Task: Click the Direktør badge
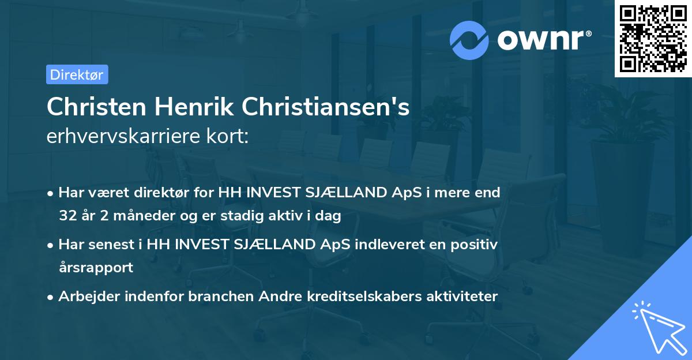click(77, 74)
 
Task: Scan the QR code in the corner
click(652, 38)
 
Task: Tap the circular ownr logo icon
click(469, 39)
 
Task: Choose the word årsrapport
click(96, 267)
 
